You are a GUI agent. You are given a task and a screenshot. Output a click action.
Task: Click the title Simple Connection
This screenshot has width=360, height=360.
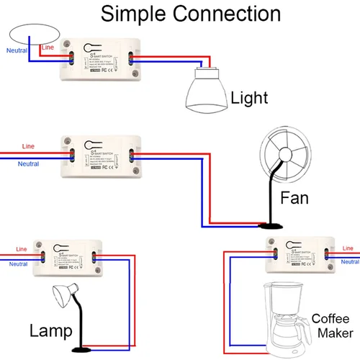(190, 14)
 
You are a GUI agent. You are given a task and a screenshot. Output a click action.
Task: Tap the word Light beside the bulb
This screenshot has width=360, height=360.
(248, 98)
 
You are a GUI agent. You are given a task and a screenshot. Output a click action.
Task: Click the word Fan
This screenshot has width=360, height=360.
(294, 197)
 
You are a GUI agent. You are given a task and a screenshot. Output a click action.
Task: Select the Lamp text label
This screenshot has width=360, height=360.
(50, 331)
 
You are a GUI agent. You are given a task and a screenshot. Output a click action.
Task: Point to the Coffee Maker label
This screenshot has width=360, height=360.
(332, 325)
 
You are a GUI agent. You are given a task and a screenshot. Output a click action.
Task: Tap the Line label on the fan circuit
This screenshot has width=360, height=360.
(27, 146)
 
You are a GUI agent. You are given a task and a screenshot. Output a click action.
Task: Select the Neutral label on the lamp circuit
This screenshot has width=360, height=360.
(17, 264)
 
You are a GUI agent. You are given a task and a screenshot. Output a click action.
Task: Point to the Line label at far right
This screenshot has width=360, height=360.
(348, 247)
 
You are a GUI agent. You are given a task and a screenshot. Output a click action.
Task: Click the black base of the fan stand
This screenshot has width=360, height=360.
(271, 226)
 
